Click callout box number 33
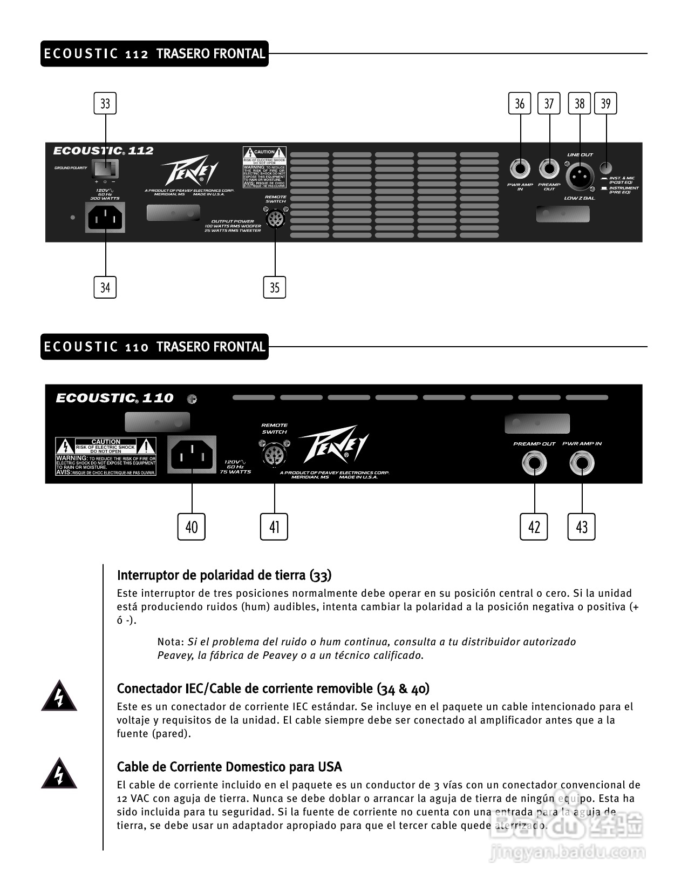click(x=105, y=103)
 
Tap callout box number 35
click(x=275, y=287)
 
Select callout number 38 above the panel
click(x=580, y=103)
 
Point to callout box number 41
click(x=274, y=526)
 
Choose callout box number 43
click(x=582, y=526)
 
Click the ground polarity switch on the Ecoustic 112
click(x=105, y=169)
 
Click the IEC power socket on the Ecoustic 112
click(x=105, y=218)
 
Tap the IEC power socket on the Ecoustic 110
click(x=192, y=455)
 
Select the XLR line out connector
click(x=580, y=176)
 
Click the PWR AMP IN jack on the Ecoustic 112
click(x=520, y=170)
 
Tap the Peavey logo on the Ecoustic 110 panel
click(x=333, y=444)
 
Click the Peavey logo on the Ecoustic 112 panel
click(x=190, y=172)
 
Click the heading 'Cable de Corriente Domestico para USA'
click(x=229, y=767)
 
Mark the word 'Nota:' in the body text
click(x=171, y=642)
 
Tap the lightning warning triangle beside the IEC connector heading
click(x=59, y=697)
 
